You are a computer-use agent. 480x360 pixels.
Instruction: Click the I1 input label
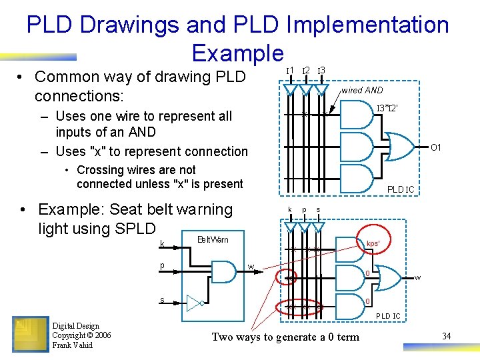pyautogui.click(x=290, y=71)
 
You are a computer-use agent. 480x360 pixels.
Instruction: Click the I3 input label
pyautogui.click(x=321, y=71)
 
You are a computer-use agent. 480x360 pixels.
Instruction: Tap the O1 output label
pyautogui.click(x=436, y=147)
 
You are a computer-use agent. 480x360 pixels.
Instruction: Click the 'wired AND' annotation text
pyautogui.click(x=362, y=90)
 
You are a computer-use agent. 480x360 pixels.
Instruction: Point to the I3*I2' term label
pyautogui.click(x=387, y=108)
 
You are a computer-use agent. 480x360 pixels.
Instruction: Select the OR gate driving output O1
pyautogui.click(x=400, y=147)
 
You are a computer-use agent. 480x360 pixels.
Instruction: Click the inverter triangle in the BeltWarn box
pyautogui.click(x=194, y=304)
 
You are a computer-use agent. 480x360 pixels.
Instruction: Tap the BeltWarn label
pyautogui.click(x=213, y=239)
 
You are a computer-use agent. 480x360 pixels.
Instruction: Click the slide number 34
pyautogui.click(x=446, y=336)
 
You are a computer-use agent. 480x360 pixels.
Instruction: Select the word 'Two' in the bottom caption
pyautogui.click(x=223, y=337)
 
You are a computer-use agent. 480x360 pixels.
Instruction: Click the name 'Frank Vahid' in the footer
pyautogui.click(x=73, y=344)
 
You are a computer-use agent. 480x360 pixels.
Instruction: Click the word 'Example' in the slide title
pyautogui.click(x=237, y=53)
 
